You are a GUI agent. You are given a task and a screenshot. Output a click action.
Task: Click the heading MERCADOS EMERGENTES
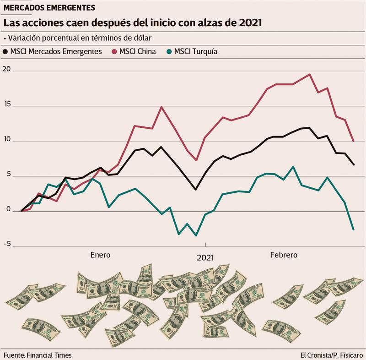(x=49, y=8)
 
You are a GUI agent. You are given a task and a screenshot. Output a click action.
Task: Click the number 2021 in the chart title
(x=250, y=22)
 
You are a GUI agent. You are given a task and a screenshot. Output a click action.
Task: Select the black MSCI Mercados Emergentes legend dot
(x=6, y=52)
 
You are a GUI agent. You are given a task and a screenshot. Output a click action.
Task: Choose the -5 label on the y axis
(x=7, y=244)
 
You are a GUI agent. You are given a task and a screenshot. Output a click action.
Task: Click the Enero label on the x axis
(x=100, y=255)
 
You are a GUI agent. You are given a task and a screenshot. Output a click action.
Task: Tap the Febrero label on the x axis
(x=283, y=255)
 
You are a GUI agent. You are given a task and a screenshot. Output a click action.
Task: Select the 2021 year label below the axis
(x=205, y=258)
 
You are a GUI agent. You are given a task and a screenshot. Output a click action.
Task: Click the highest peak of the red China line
(x=310, y=74)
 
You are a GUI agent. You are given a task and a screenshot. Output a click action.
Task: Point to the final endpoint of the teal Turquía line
(x=353, y=229)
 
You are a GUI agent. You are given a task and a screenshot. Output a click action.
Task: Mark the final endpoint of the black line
(x=353, y=164)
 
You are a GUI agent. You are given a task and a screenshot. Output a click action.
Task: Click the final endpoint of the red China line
(x=353, y=141)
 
